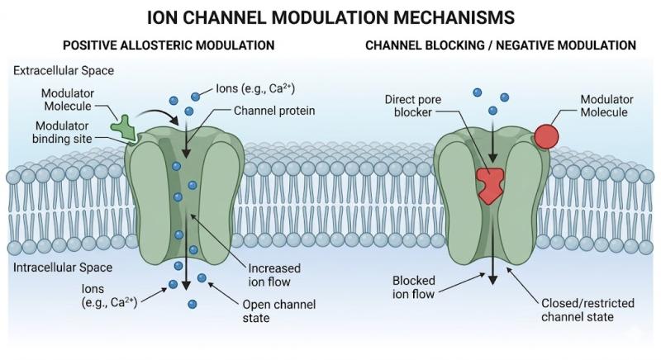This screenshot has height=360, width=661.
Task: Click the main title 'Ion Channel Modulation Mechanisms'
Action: [x=330, y=16]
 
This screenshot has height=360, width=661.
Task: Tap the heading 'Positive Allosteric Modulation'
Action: [x=162, y=45]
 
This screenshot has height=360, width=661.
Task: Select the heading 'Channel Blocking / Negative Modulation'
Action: [x=501, y=45]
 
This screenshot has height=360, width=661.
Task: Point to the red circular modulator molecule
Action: [x=546, y=135]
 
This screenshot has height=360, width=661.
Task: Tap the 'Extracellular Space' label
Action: [x=64, y=70]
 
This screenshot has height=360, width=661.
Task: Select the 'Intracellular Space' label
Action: [x=63, y=268]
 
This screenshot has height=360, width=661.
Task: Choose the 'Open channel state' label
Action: [x=275, y=310]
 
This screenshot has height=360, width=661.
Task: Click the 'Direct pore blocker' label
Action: [x=410, y=106]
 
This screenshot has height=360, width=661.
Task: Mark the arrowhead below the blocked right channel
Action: [x=493, y=280]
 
